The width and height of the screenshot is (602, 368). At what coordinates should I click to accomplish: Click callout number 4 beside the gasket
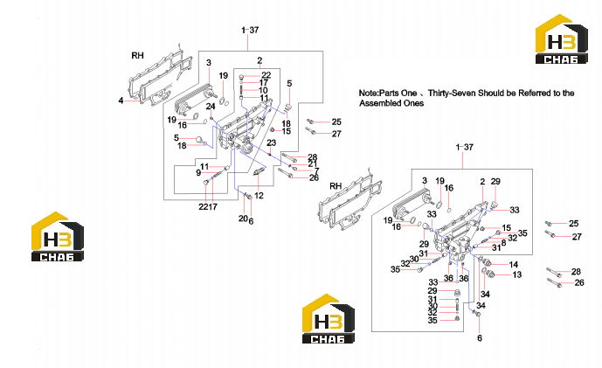coord(121,101)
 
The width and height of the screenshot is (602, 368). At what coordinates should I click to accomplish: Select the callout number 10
coord(263,90)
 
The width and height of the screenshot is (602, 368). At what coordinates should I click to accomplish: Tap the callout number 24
coord(211,106)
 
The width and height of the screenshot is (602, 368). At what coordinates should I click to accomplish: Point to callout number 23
coord(271,142)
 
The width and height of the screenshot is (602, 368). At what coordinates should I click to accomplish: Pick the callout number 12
coord(259,196)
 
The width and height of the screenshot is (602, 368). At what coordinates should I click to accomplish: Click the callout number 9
coord(198,173)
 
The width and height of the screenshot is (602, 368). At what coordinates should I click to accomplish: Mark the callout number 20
coord(243,219)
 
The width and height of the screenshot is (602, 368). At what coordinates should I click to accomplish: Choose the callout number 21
coord(313,164)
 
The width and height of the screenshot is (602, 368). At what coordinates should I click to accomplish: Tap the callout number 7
coord(317,171)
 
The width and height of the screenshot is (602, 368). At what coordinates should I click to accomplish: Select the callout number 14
coord(513,264)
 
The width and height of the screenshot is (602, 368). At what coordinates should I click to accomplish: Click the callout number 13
coord(516,274)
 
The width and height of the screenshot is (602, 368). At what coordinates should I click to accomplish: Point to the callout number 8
coord(503,243)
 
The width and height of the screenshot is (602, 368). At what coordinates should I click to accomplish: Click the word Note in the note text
coord(368,93)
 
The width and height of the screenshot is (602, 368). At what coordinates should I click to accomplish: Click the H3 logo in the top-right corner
coord(562,38)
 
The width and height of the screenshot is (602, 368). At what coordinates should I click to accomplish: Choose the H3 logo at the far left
coord(57,237)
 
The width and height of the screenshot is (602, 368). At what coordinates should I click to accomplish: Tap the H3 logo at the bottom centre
coord(329,318)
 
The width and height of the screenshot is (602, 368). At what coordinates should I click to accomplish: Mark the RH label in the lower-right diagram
coord(336,186)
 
